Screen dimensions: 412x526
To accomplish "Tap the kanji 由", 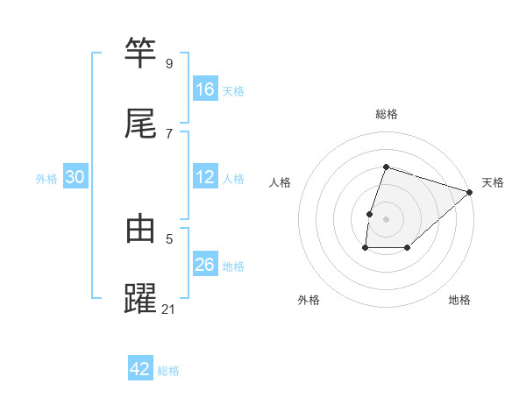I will point(141,229).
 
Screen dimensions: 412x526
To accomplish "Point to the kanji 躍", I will point(141,298).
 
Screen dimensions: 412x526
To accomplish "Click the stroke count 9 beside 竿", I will point(168,63).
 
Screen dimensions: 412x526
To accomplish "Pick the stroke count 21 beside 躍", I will point(169,309).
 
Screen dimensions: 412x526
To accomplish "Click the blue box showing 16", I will point(205,89).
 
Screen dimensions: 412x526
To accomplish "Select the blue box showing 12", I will point(205,177).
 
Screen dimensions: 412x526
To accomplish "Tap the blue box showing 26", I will point(205,265).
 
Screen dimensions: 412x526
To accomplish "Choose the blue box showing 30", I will point(75,177).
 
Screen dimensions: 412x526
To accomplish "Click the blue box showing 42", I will point(140,369).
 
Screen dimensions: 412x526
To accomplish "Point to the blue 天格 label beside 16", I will point(233,90).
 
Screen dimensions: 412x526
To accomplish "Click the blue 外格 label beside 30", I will point(46,179).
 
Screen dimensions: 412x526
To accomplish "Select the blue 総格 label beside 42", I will point(168,371).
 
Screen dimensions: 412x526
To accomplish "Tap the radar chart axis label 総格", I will point(387,114).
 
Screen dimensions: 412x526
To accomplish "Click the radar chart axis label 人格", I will point(281,182).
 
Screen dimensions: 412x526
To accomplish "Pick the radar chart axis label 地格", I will point(459,300).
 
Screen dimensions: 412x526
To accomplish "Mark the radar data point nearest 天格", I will point(470,192).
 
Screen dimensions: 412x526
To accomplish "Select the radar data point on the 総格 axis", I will point(387,167).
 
